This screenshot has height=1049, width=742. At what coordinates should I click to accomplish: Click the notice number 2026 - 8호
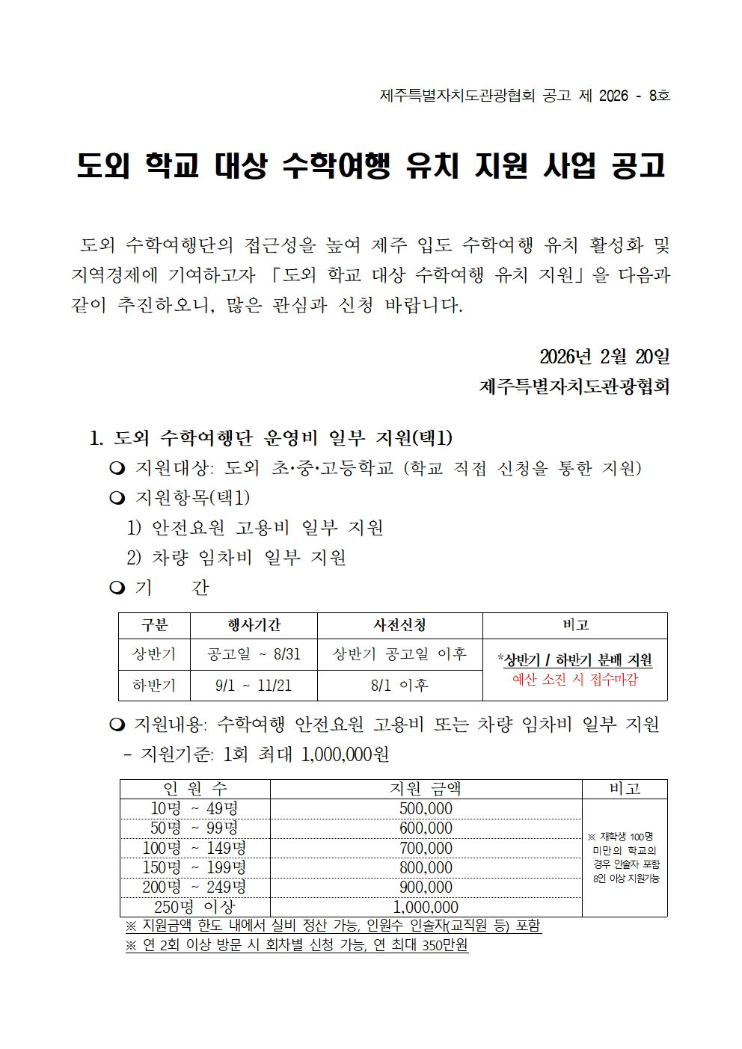[x=634, y=96]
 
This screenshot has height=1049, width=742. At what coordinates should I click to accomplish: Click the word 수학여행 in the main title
[x=336, y=165]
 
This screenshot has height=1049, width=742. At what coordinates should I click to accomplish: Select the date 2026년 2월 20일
[x=604, y=357]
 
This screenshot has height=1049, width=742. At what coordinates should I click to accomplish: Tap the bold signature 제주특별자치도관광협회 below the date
[x=574, y=387]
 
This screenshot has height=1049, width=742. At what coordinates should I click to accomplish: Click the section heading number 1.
[x=95, y=438]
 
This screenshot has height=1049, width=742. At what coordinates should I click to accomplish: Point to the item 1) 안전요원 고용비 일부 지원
[x=255, y=528]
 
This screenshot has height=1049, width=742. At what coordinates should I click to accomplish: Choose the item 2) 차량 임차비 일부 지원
[x=236, y=558]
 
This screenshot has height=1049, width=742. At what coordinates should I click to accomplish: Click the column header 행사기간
[x=254, y=625]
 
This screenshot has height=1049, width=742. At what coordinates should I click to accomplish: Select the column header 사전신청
[x=399, y=625]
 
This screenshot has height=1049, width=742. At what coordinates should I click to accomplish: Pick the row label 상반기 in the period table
[x=154, y=654]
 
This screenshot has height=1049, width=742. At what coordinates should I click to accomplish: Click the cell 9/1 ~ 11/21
[x=254, y=685]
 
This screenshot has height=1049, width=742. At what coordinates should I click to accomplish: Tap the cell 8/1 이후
[x=399, y=685]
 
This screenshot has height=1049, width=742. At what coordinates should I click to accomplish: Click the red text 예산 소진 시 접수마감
[x=575, y=680]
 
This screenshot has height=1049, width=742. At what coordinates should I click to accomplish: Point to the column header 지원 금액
[x=426, y=789]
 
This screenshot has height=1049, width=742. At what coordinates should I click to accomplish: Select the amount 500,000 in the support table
[x=426, y=809]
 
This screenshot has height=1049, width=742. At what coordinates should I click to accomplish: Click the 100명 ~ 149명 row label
[x=194, y=848]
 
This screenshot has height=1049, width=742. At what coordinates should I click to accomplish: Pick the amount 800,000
[x=426, y=867]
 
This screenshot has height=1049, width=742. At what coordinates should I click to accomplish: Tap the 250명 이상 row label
[x=194, y=907]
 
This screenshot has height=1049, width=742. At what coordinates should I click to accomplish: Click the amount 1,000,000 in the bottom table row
[x=426, y=907]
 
